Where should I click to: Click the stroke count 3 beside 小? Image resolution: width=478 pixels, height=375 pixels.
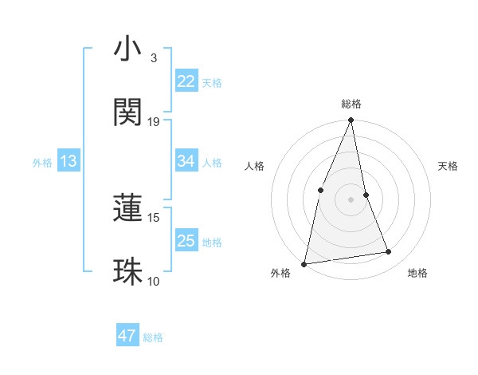(153, 58)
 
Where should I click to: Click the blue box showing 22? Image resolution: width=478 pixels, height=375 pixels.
(186, 81)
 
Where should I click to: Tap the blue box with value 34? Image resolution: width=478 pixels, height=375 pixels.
(186, 161)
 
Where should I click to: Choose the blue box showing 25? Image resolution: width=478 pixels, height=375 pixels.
(186, 241)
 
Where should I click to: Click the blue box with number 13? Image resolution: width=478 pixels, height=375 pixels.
(69, 162)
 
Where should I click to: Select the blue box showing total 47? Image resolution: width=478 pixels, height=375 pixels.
(127, 336)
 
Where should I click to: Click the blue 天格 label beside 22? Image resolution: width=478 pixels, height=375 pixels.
(212, 82)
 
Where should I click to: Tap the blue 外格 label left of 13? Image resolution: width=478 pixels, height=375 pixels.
(42, 163)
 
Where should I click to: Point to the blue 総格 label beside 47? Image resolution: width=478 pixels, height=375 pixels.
(154, 337)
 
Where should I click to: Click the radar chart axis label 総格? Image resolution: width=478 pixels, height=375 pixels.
(351, 104)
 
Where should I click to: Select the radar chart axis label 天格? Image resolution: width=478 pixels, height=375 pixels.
(449, 166)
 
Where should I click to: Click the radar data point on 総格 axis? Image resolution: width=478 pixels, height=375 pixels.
(351, 120)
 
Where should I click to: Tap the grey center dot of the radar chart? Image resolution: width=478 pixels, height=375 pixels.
(351, 199)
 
